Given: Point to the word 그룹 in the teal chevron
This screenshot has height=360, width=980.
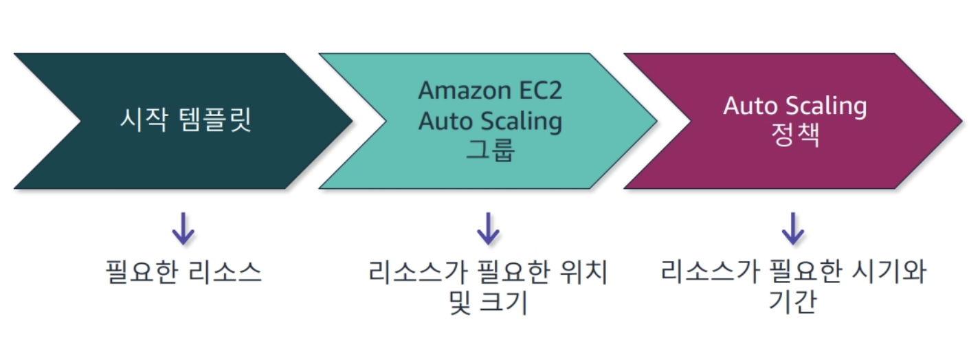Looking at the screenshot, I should coord(490,150).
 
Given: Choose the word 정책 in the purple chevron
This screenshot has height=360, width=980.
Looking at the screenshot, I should coord(794,135).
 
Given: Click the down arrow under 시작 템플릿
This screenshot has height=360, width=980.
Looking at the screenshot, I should coord(183,229).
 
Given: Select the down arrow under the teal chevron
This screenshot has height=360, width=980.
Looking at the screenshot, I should coord(488,229).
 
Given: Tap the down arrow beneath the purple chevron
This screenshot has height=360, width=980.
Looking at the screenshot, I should coord(792,229).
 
